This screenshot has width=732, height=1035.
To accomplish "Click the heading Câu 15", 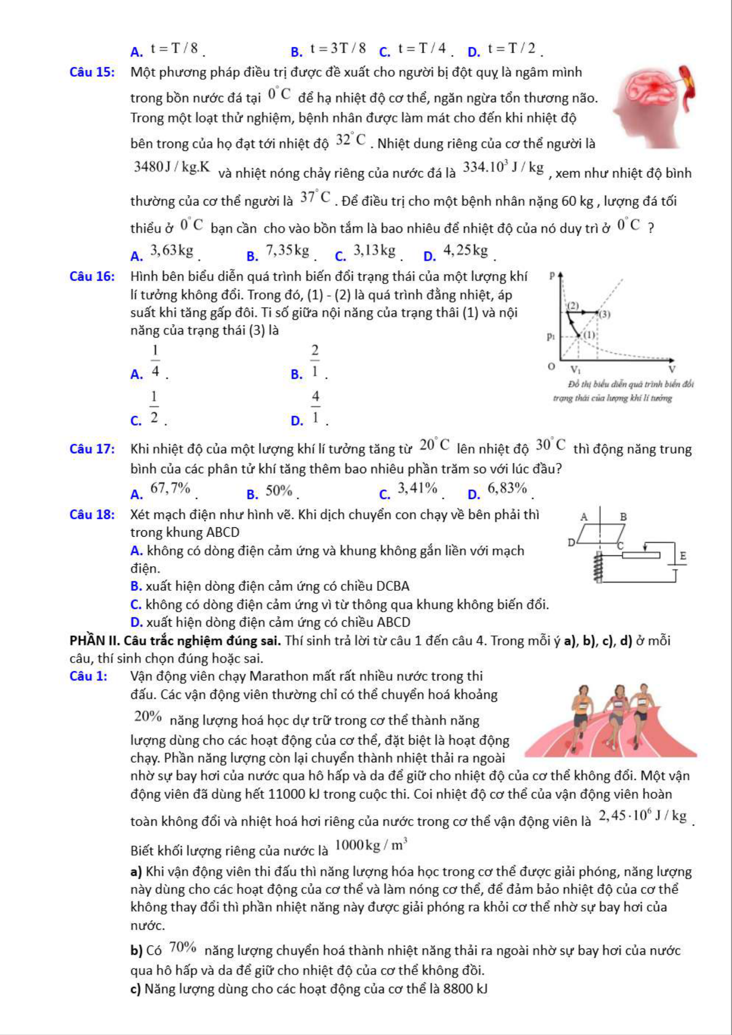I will tap(93, 72).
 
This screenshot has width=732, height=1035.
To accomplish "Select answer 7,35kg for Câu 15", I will tap(287, 251).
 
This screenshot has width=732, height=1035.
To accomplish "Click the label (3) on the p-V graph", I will tap(605, 315).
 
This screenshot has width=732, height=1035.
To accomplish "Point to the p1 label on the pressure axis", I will tap(551, 337).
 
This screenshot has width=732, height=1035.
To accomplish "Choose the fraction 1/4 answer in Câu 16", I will tap(155, 361).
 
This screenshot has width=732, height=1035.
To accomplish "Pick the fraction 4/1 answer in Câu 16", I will tap(315, 407).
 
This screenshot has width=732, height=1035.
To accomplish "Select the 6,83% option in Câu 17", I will tap(507, 489).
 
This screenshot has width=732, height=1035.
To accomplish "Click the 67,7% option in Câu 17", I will tap(170, 489).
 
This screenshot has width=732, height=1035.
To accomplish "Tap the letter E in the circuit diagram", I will tap(682, 556).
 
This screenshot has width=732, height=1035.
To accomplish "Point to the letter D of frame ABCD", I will tap(571, 543).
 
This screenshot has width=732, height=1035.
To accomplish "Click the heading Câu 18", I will tap(92, 515).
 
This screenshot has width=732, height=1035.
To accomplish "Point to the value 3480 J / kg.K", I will tap(171, 167).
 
